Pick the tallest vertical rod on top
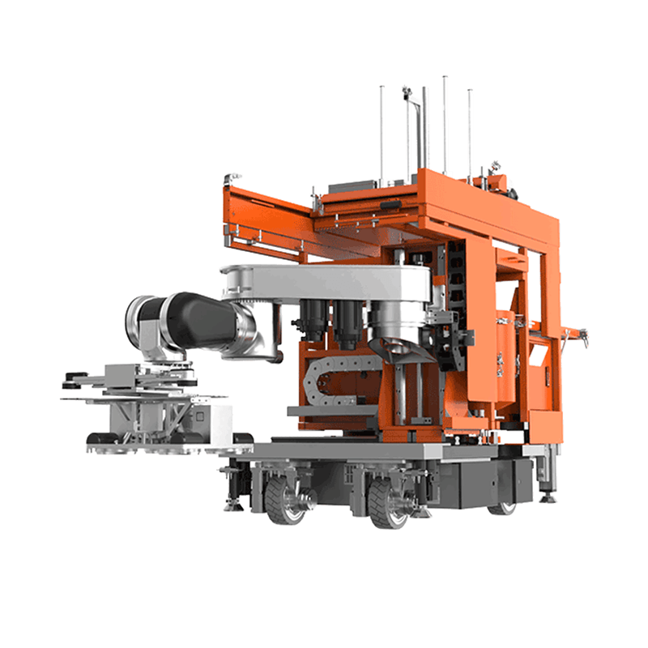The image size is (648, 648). [x=445, y=122]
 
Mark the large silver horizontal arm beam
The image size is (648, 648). [x=332, y=283]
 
